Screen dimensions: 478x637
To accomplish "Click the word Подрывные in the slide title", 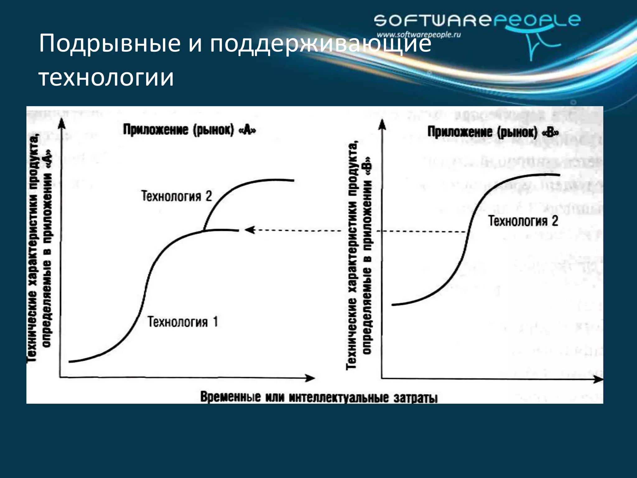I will pos(109,44).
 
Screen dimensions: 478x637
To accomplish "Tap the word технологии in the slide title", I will pos(106,77).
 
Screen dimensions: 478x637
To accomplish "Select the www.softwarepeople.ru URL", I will pos(418,35).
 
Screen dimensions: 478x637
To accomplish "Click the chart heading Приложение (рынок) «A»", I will pos(189,130).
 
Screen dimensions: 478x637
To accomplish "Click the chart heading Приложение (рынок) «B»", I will pos(493,132).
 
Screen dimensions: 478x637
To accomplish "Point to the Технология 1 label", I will pos(183,322).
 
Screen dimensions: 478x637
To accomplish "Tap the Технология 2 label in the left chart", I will pos(176,196).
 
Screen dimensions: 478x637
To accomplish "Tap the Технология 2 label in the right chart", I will pos(523,221).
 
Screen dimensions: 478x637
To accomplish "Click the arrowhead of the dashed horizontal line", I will pos(249,230).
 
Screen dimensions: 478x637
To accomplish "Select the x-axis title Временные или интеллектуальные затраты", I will pos(318,398).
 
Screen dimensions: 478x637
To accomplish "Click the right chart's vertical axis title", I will pos(359,255).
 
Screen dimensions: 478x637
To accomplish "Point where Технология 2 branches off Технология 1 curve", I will pos(204,231).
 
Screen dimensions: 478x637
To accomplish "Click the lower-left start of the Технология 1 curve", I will pos(70,362).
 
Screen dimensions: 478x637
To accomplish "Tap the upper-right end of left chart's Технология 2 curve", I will pos(293,180).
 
